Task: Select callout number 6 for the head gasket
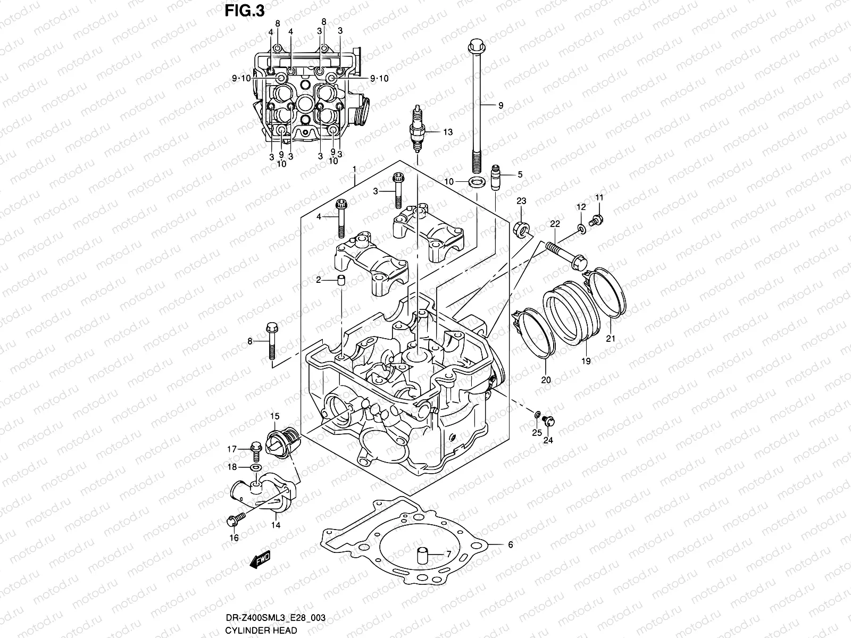(x=510, y=544)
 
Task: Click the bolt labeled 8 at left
(x=270, y=340)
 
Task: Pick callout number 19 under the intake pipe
(x=585, y=361)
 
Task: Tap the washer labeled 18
(x=256, y=467)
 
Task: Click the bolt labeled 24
(x=550, y=423)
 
